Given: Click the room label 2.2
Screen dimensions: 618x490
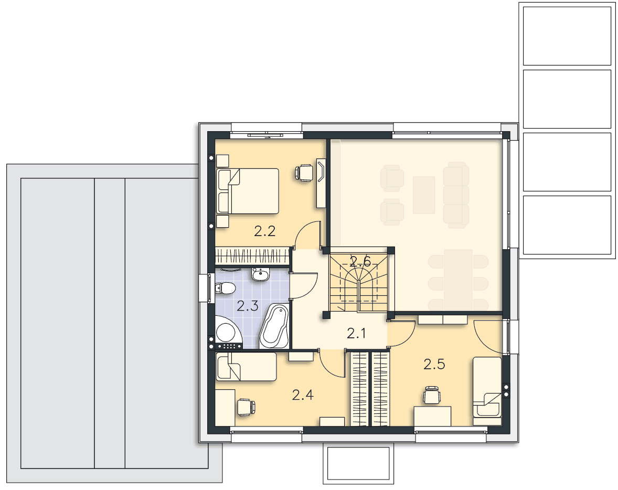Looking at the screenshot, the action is (x=264, y=231).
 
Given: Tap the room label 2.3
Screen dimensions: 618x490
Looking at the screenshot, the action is (x=248, y=306).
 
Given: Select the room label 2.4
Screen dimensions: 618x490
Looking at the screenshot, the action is (x=303, y=395).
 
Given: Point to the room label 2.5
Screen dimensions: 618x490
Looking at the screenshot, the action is (x=434, y=364).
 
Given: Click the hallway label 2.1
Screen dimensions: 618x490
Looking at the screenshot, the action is (x=356, y=334).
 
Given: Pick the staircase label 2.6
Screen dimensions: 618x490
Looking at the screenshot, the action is (x=360, y=261).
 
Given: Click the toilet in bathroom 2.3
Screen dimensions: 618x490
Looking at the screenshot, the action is (x=225, y=289).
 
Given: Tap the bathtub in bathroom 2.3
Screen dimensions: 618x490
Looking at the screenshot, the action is (x=274, y=326).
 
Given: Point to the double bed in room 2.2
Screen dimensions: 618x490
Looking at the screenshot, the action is (x=248, y=191).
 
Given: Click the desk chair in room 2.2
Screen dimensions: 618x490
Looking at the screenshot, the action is (x=304, y=173).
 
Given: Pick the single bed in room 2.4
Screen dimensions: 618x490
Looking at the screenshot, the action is (x=247, y=367).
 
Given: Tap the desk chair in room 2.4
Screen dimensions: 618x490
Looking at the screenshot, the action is (x=246, y=407).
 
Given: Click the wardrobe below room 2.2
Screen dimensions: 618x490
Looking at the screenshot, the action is (x=252, y=256).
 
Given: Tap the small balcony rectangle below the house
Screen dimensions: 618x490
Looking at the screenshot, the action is (x=359, y=463).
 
